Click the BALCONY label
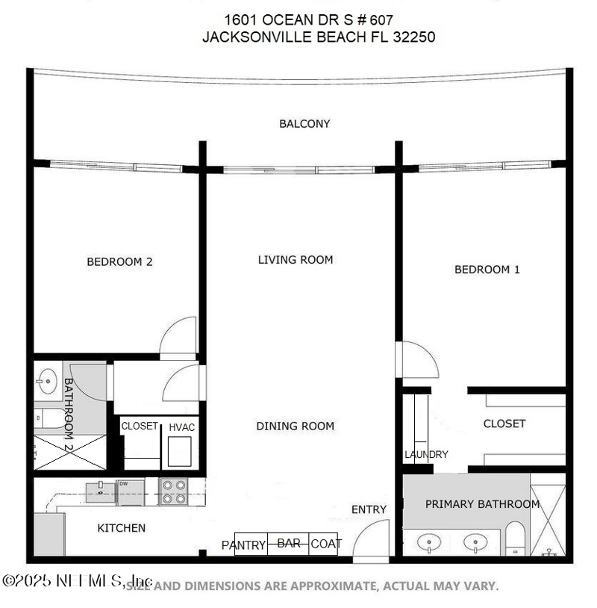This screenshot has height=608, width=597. tap(304, 124)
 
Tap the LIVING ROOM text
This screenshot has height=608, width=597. tap(296, 260)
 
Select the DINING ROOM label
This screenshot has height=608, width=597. tap(296, 426)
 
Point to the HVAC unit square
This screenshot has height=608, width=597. tap(179, 450)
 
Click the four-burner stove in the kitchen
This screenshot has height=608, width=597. tap(173, 491)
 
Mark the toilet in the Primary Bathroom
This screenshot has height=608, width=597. tap(516, 538)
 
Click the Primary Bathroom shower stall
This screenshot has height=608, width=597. tap(548, 520)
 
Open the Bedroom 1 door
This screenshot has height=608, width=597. tap(418, 360)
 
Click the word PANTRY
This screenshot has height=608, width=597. tap(243, 545)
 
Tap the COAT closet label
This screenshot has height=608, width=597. tap(325, 544)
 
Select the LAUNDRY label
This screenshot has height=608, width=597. tap(426, 454)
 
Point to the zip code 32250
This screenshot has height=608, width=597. tap(413, 37)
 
